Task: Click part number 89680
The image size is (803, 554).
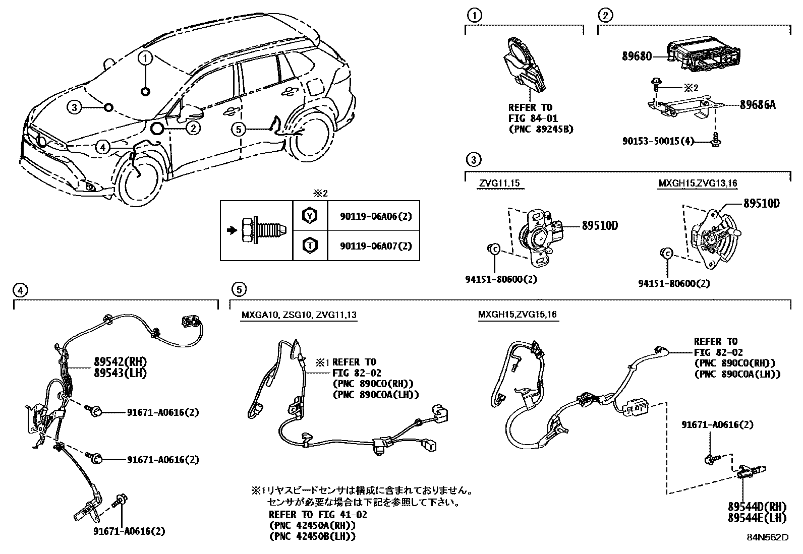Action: (637, 56)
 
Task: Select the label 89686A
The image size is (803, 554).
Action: (758, 105)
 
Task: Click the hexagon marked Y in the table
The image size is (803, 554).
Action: (310, 215)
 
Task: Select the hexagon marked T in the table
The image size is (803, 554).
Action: (310, 245)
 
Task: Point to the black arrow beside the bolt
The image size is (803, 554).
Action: (233, 230)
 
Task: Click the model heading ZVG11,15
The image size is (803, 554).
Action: (499, 183)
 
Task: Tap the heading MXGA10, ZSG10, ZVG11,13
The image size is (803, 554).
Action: (299, 315)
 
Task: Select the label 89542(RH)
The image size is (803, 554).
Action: (121, 361)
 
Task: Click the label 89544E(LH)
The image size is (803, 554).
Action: (757, 518)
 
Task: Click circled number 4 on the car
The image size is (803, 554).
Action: (103, 147)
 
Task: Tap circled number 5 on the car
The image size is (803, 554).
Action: (239, 129)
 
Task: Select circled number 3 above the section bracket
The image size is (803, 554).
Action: (474, 160)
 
